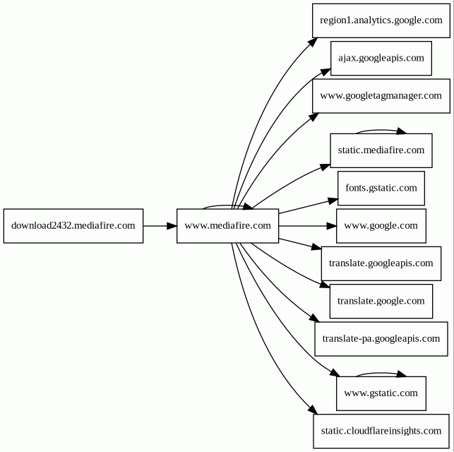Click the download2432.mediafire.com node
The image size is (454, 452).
click(x=73, y=226)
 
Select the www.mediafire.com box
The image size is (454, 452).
click(x=228, y=226)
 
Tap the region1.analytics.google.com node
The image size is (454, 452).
click(x=381, y=20)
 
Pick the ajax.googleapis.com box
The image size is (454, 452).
click(x=381, y=58)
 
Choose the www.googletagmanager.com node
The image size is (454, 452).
click(x=381, y=96)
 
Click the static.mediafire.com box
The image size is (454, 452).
click(x=381, y=150)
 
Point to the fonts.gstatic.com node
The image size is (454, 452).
click(x=381, y=188)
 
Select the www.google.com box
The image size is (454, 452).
click(x=381, y=226)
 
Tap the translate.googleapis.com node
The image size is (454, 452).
click(x=381, y=263)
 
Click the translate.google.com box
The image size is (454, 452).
click(x=381, y=301)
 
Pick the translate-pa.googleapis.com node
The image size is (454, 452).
click(x=381, y=339)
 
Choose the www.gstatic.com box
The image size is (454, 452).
click(x=381, y=393)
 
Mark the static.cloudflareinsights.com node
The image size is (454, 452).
click(x=381, y=431)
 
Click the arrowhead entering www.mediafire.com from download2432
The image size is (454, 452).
click(x=172, y=226)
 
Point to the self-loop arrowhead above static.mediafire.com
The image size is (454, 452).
click(x=401, y=131)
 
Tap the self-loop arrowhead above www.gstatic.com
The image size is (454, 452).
click(x=401, y=374)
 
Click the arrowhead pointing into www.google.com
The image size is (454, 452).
click(x=332, y=226)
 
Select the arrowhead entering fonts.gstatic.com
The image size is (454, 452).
click(x=333, y=201)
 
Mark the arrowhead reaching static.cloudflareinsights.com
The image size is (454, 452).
click(x=313, y=410)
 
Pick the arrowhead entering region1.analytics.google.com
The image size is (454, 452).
click(x=313, y=42)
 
